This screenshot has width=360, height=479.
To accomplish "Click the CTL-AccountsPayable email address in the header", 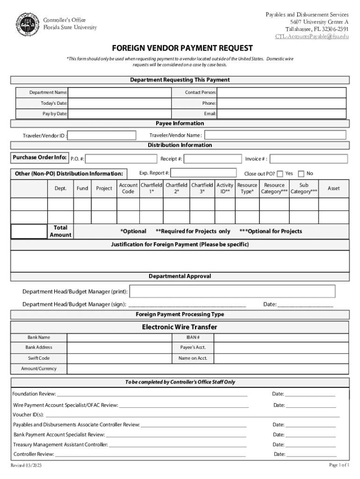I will click(x=312, y=36).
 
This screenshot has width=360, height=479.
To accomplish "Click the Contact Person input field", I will click(x=281, y=93).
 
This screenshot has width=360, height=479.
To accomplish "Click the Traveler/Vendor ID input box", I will click(x=102, y=136).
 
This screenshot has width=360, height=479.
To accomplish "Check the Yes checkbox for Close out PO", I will click(x=280, y=174).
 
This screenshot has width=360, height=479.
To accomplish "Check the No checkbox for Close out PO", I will click(x=301, y=174).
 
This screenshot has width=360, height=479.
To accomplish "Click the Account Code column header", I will click(x=128, y=189).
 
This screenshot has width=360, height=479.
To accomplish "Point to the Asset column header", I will click(x=334, y=189).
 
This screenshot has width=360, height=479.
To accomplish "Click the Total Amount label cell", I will click(x=60, y=231).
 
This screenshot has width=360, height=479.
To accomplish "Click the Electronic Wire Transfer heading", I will click(x=180, y=327).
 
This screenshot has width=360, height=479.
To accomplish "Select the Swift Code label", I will click(x=39, y=358).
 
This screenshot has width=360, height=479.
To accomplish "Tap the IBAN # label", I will click(x=193, y=337).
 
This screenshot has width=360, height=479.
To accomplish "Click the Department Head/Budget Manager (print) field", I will click(x=232, y=291).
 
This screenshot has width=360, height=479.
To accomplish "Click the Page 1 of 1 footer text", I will click(x=339, y=464).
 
